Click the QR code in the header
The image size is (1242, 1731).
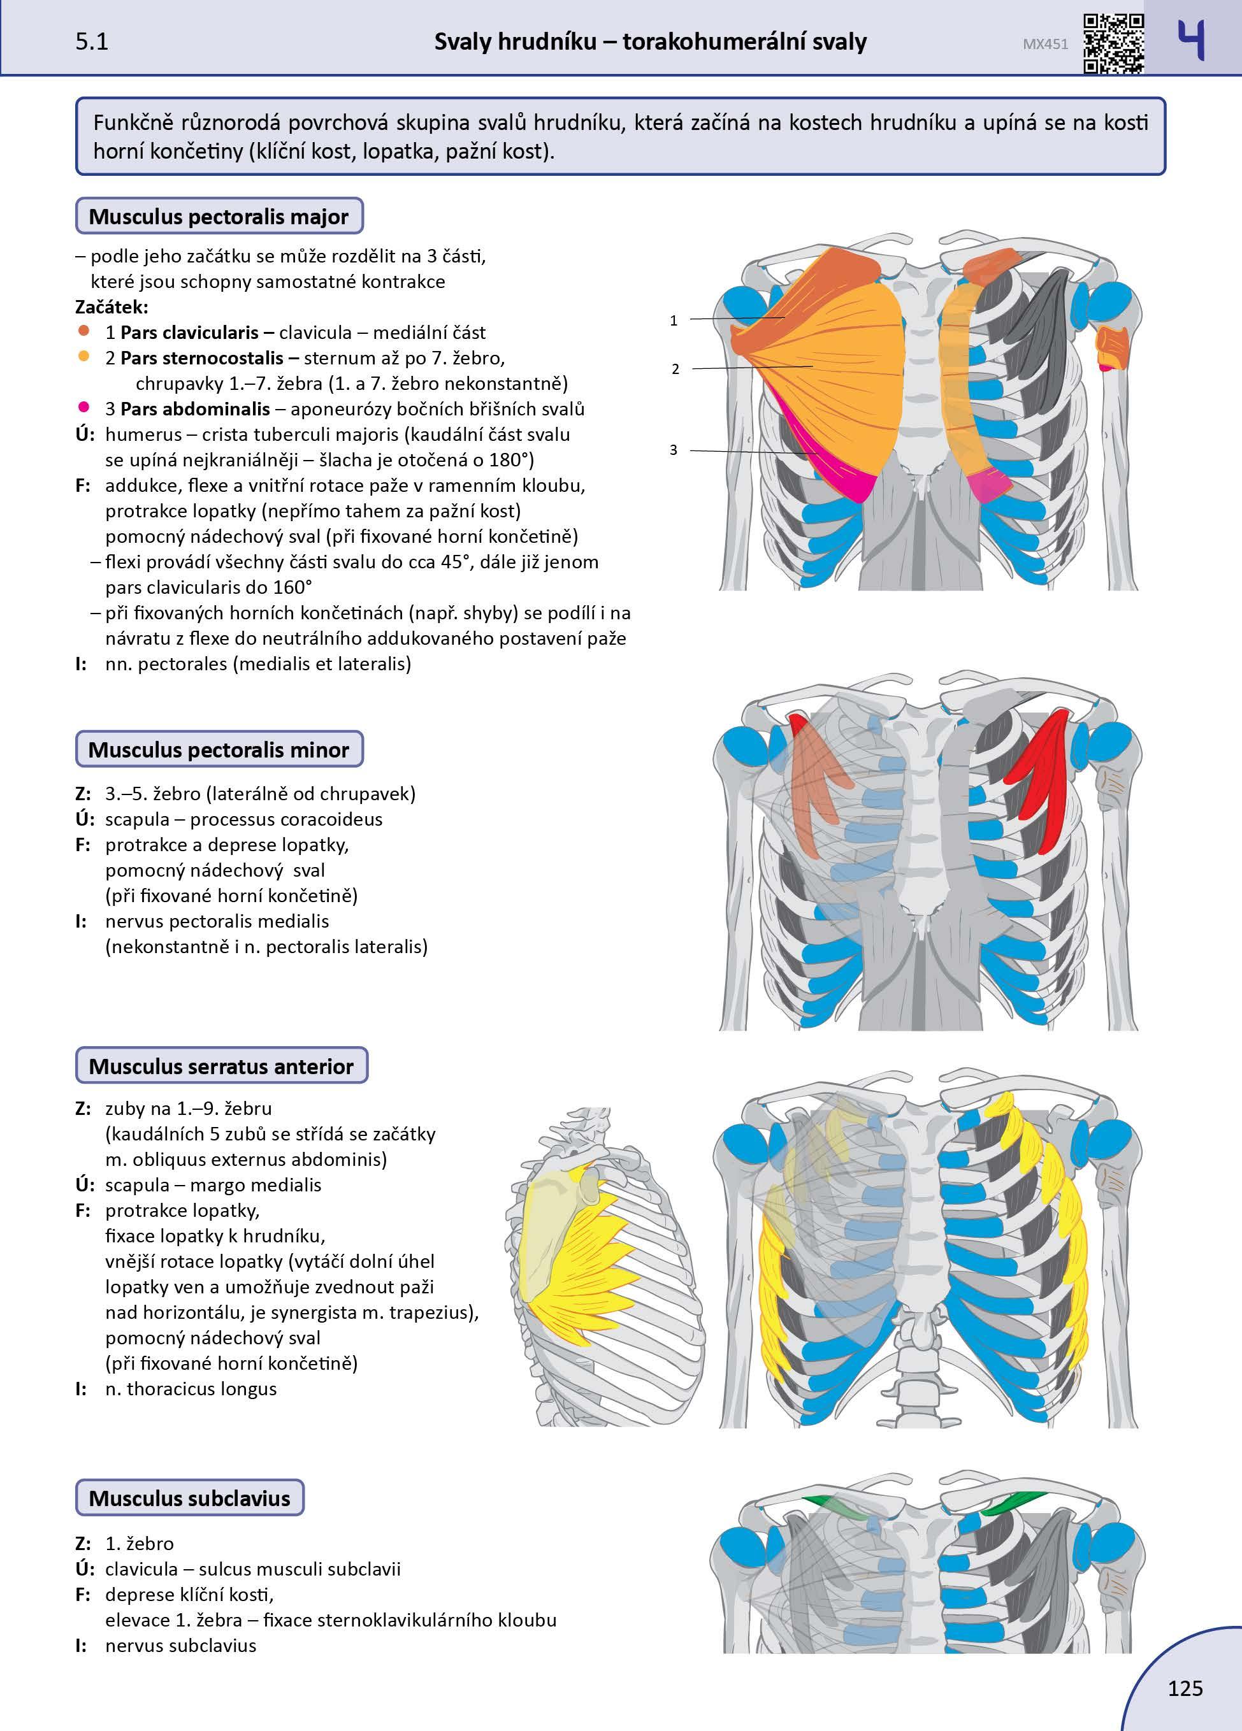point(1114,43)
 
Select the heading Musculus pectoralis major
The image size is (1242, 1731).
point(219,216)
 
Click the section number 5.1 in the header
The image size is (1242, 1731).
point(92,41)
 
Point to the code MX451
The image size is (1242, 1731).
point(1045,44)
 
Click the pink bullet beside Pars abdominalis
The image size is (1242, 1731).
point(84,408)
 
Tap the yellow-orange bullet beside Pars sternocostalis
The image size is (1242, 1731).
point(84,356)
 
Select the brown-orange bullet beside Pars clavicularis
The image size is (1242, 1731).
point(84,331)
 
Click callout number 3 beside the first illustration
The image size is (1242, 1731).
point(674,450)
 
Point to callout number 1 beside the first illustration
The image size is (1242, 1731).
point(674,320)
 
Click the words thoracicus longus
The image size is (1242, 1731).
point(201,1388)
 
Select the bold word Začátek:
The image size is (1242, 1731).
point(112,307)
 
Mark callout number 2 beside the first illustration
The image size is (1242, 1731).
point(675,370)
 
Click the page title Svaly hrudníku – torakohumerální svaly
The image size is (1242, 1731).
point(651,41)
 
